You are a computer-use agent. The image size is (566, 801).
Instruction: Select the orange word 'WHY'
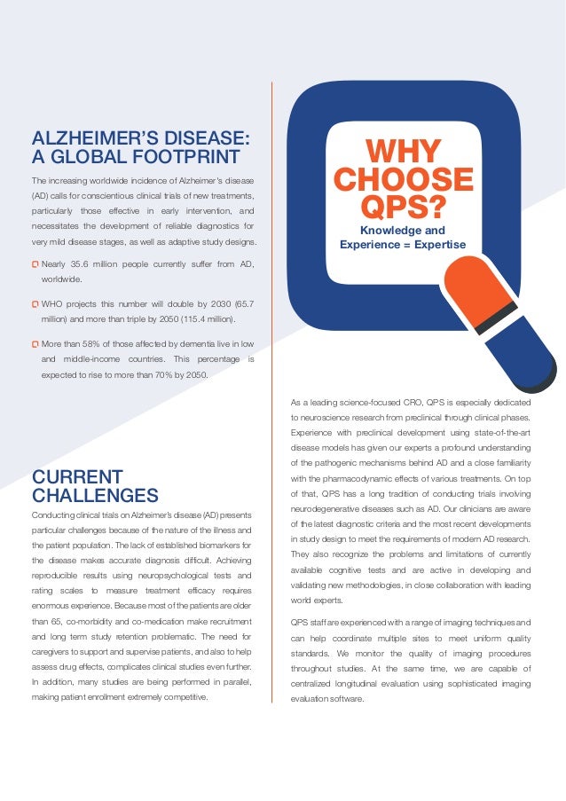tap(403, 151)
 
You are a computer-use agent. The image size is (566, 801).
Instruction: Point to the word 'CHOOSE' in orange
tap(403, 180)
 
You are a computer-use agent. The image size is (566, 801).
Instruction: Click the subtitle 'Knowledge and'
tap(403, 231)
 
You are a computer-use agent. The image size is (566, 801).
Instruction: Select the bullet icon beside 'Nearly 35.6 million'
tap(35, 263)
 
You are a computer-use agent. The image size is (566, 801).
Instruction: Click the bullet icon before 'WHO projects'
tap(35, 303)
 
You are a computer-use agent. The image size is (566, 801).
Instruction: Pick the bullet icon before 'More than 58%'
tap(35, 343)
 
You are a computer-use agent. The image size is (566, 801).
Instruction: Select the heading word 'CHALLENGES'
tap(95, 495)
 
